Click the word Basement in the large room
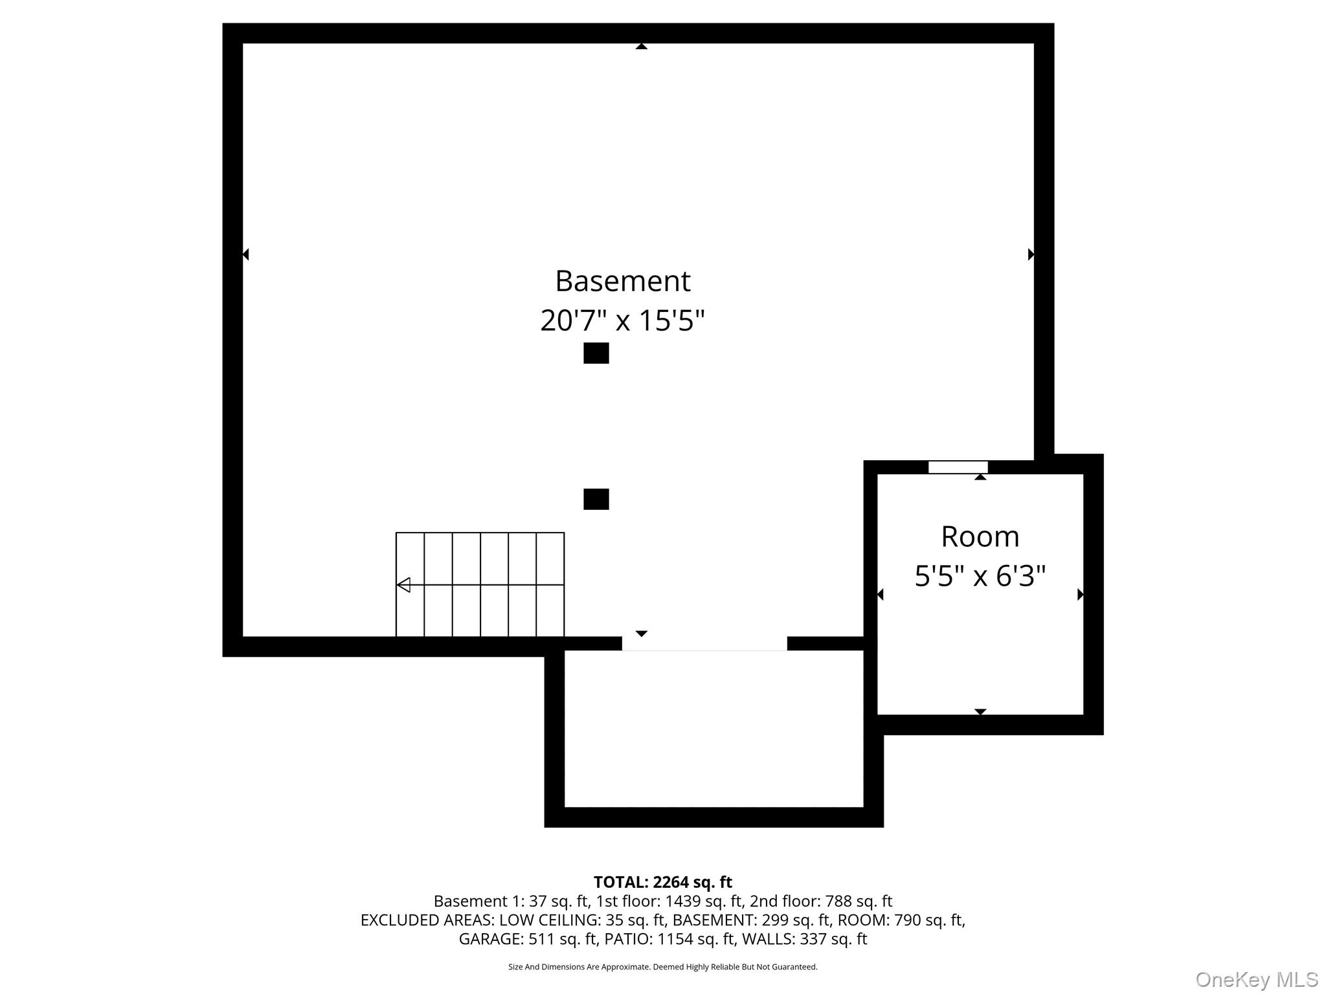(622, 282)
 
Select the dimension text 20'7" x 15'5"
(622, 320)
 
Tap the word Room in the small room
(980, 536)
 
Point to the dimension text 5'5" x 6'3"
(980, 575)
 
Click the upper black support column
(596, 353)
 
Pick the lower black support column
(596, 499)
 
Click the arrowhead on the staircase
(403, 585)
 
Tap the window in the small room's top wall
(958, 467)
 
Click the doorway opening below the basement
(704, 643)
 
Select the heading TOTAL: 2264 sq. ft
(662, 882)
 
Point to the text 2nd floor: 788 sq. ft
(820, 901)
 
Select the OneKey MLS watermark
(1256, 980)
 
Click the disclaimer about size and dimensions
(662, 967)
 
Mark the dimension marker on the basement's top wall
(641, 47)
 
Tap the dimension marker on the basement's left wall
(245, 254)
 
